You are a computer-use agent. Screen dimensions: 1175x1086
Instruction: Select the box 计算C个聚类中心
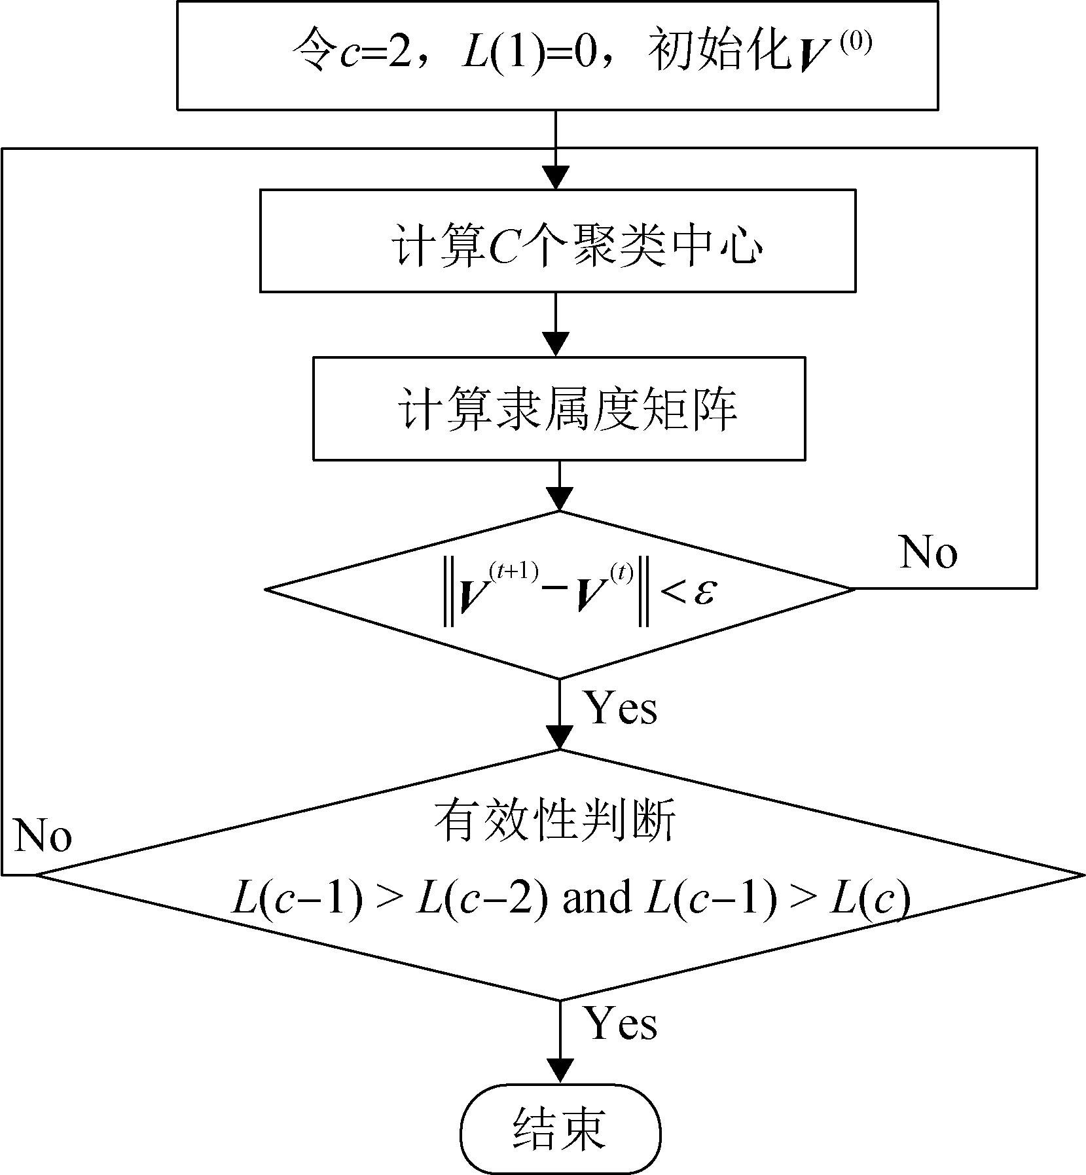click(x=557, y=240)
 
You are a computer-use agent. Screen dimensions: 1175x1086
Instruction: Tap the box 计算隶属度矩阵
click(x=558, y=408)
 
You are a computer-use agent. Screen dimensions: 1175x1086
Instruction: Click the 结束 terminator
click(x=560, y=1129)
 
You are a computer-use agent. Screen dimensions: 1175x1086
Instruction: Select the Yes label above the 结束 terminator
click(x=620, y=1022)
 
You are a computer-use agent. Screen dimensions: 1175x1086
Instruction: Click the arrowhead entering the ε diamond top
click(x=559, y=499)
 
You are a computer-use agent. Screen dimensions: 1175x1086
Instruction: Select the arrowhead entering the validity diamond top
click(x=560, y=737)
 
